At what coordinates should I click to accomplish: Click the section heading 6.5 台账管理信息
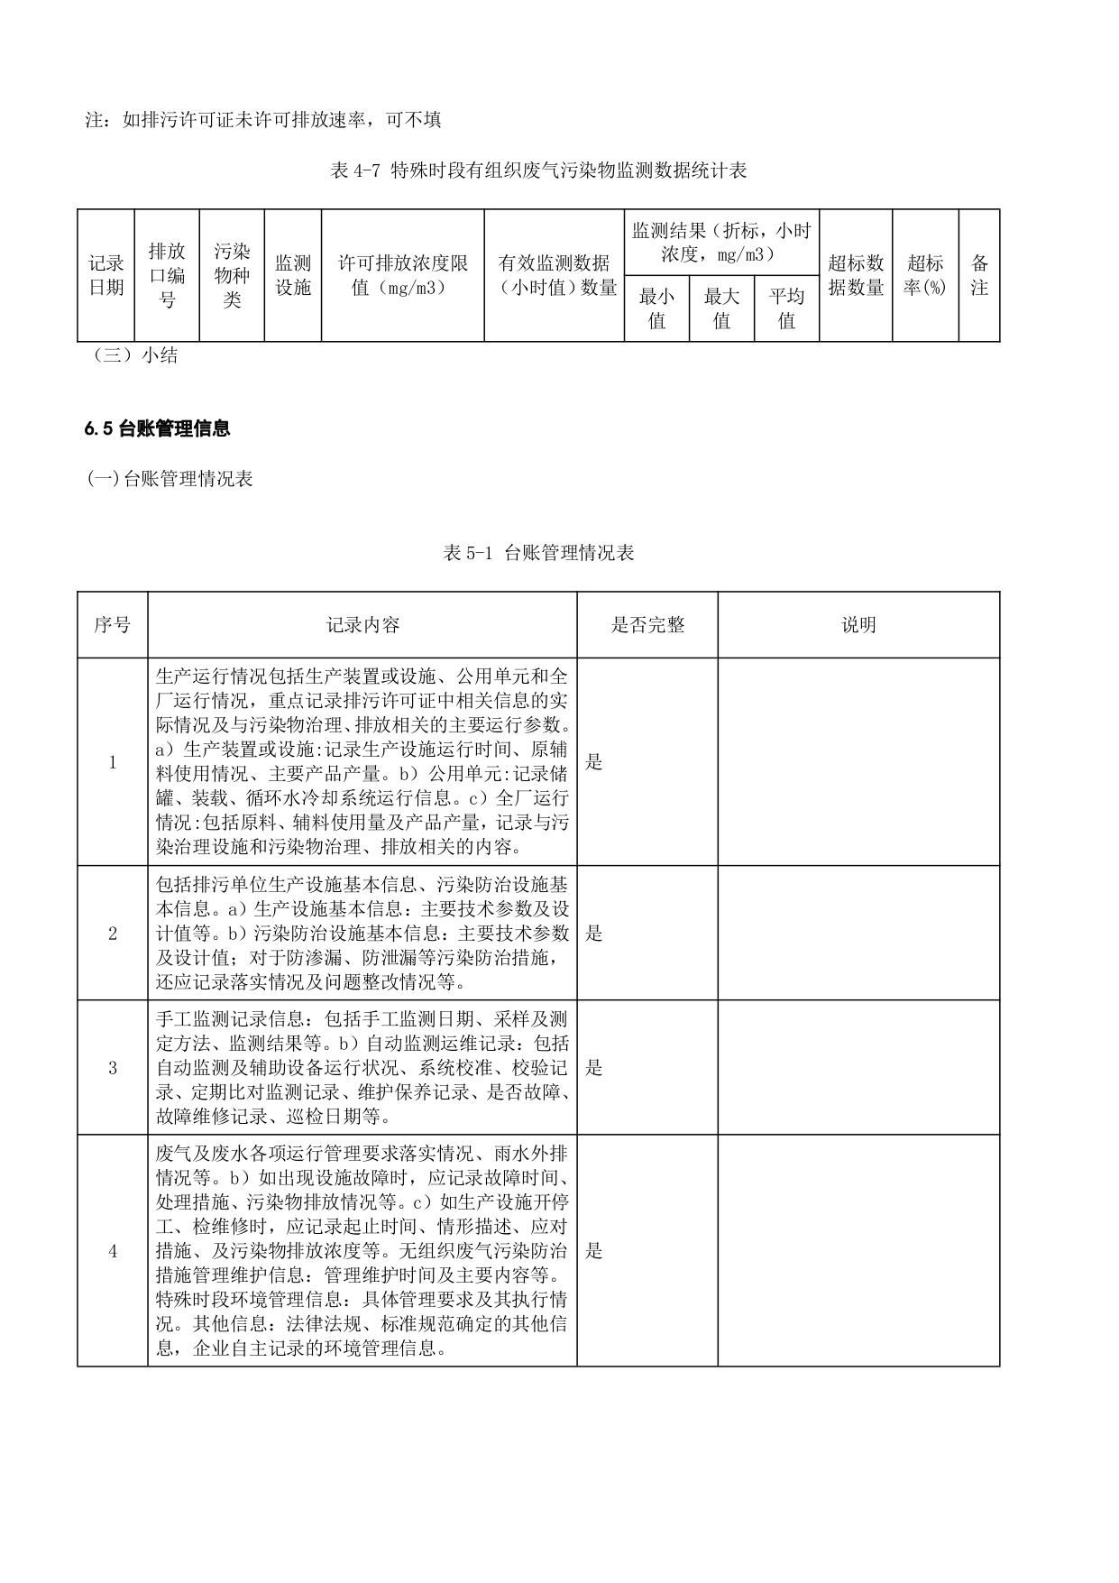click(158, 429)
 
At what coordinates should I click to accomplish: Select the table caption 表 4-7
click(538, 170)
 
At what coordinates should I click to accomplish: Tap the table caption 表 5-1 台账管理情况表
click(538, 553)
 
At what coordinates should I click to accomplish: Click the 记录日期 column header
click(106, 275)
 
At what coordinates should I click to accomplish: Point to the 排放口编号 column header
click(167, 275)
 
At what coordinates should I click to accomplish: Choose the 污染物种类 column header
click(232, 275)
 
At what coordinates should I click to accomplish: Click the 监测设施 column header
click(293, 275)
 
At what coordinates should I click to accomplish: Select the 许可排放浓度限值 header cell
click(402, 275)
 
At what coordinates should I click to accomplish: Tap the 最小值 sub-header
click(656, 308)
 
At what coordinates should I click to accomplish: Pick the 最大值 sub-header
click(721, 308)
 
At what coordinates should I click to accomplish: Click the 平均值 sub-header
click(786, 308)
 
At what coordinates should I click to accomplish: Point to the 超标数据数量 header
click(856, 275)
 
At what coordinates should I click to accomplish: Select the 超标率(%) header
click(925, 275)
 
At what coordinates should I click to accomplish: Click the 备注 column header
click(979, 275)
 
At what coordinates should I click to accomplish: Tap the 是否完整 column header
click(647, 625)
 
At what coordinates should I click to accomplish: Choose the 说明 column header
click(858, 625)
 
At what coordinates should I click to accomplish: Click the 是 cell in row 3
click(594, 1068)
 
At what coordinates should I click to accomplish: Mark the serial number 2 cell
click(113, 934)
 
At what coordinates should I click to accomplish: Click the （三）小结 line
click(135, 355)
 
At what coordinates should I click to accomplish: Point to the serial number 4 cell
click(113, 1251)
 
